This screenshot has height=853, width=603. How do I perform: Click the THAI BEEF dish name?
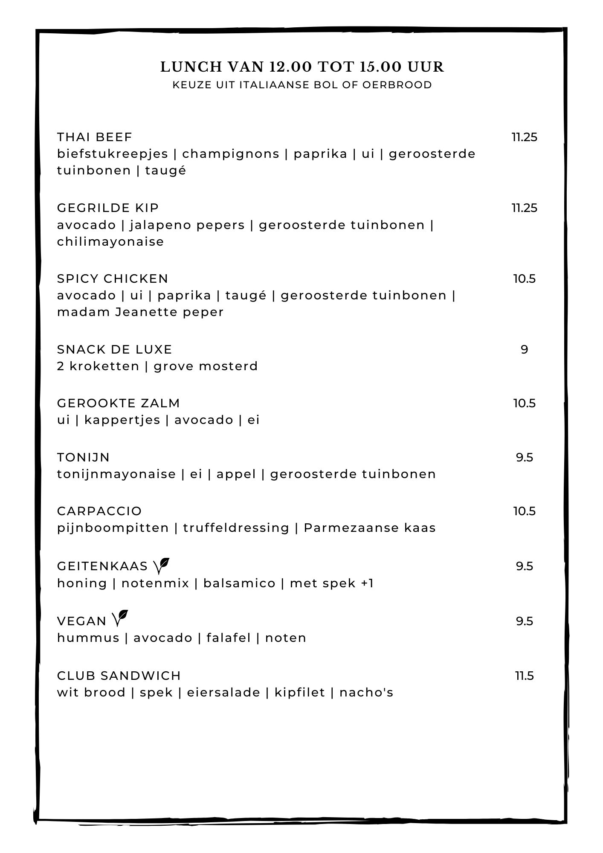(95, 137)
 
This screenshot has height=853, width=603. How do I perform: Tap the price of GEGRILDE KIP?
(524, 208)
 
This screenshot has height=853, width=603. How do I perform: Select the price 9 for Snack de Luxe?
(524, 349)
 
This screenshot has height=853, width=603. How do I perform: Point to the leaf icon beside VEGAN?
(120, 619)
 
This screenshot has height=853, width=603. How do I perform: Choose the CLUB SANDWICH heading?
(119, 676)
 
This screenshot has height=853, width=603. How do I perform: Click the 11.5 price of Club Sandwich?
(524, 676)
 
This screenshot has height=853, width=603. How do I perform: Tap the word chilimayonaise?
(110, 241)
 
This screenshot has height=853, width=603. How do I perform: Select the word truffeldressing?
(236, 528)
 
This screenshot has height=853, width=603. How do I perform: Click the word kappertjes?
(122, 420)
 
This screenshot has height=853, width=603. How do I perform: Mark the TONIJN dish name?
(84, 457)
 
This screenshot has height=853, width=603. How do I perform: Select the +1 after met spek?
(367, 583)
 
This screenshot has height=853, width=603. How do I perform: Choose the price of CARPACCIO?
(524, 511)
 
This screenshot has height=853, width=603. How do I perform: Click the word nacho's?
(366, 692)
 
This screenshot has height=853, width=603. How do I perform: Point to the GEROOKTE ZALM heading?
(119, 403)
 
